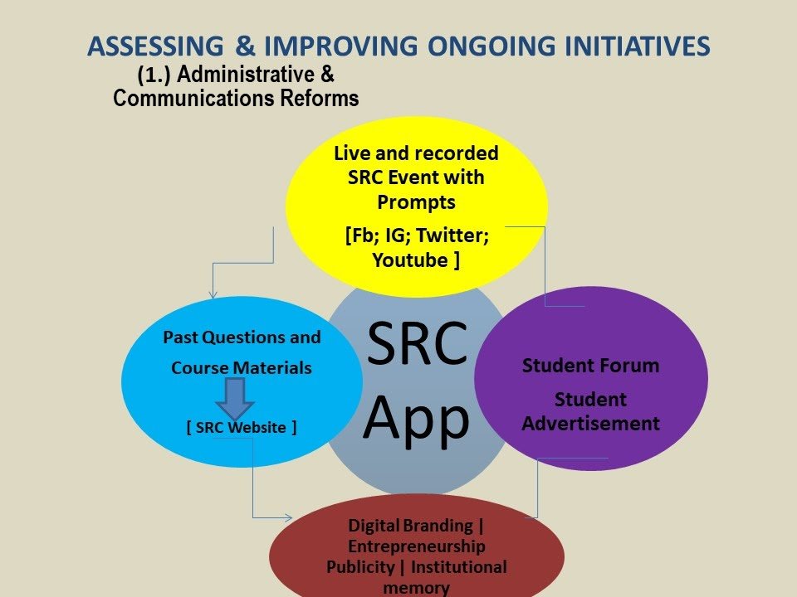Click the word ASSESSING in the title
tap(155, 46)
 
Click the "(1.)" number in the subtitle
tap(154, 75)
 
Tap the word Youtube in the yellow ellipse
tap(410, 260)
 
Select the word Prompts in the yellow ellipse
tap(416, 202)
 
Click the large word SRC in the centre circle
tap(417, 343)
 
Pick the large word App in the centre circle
tap(416, 420)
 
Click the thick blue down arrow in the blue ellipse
tap(235, 399)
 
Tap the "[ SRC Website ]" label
tap(242, 428)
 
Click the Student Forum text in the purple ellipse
tap(590, 366)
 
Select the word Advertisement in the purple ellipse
tap(590, 424)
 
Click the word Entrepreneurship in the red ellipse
tap(416, 546)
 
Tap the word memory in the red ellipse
tap(416, 588)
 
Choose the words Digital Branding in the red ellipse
tap(410, 526)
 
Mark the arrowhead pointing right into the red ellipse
tap(288, 517)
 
